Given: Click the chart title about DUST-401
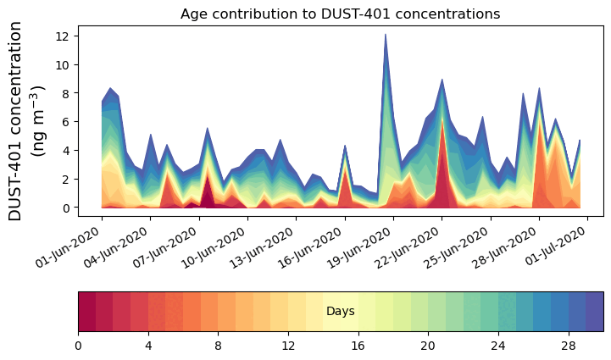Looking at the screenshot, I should point(340,14).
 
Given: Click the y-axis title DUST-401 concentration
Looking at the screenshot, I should point(26,121).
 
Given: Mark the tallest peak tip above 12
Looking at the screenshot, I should point(386,35).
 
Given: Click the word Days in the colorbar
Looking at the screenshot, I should point(340,312).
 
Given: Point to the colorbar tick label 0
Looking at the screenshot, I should point(78,346).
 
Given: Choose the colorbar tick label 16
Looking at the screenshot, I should point(358,346).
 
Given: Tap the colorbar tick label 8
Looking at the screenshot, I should point(218,346).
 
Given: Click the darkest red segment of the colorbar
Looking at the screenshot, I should point(86,312).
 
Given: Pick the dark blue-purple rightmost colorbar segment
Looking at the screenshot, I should point(594,312).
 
